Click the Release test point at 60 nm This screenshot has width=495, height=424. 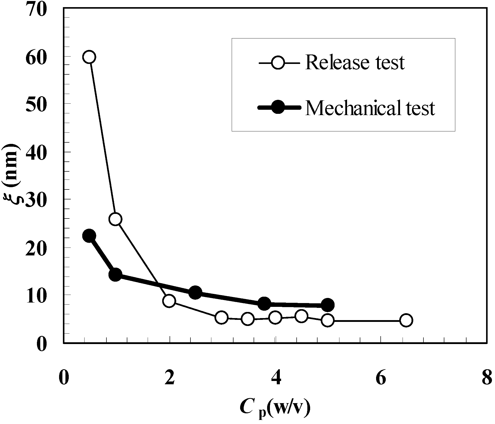(x=89, y=57)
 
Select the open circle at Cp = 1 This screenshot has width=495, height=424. (x=115, y=219)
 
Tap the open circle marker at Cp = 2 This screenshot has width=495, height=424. (x=169, y=301)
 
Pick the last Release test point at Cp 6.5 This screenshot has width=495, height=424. (x=406, y=320)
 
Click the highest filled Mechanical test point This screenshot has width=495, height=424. (x=89, y=236)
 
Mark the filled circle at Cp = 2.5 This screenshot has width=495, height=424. (x=195, y=292)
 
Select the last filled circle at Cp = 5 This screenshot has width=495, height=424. (x=328, y=305)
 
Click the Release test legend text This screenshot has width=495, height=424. (x=355, y=62)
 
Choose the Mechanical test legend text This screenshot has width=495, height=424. (x=370, y=108)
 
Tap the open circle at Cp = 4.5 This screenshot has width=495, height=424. (x=301, y=316)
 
